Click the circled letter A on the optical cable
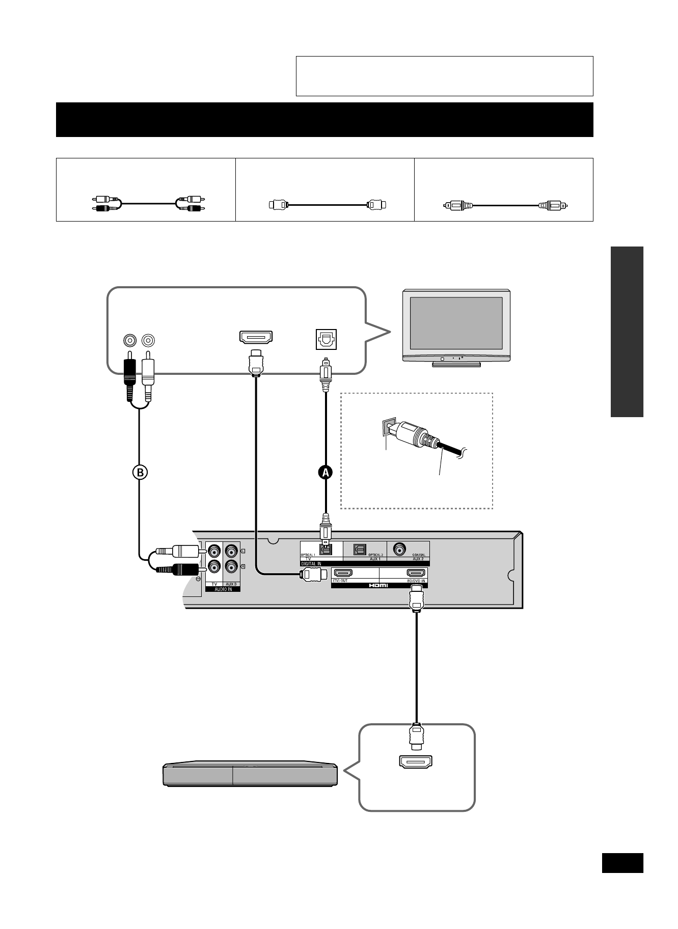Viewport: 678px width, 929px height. click(325, 472)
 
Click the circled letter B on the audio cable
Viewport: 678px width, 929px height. click(140, 472)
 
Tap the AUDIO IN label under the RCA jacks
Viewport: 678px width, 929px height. click(223, 588)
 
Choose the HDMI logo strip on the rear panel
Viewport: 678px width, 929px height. click(379, 585)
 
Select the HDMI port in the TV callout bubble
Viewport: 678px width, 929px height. click(256, 337)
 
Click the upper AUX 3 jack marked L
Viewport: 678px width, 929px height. click(232, 551)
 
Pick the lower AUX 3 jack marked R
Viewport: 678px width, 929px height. click(232, 566)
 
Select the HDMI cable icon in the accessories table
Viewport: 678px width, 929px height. click(328, 205)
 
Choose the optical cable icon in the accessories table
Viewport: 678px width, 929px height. click(504, 206)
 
